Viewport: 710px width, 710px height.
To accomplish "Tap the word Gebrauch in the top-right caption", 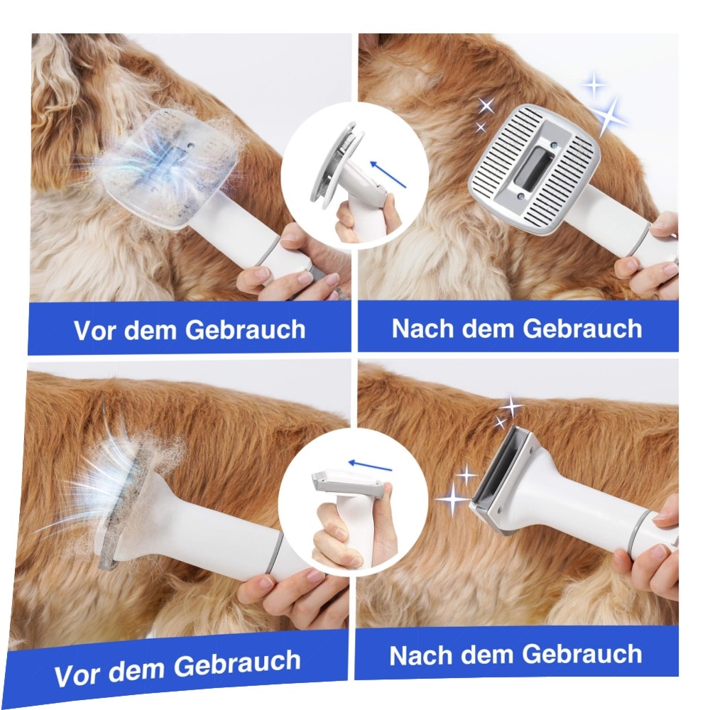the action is pyautogui.click(x=582, y=328).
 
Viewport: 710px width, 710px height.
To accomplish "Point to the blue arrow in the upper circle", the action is pyautogui.click(x=388, y=175).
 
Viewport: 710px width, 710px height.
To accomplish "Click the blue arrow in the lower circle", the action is pyautogui.click(x=370, y=466).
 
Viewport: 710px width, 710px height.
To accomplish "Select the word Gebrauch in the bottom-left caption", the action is pyautogui.click(x=237, y=665).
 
